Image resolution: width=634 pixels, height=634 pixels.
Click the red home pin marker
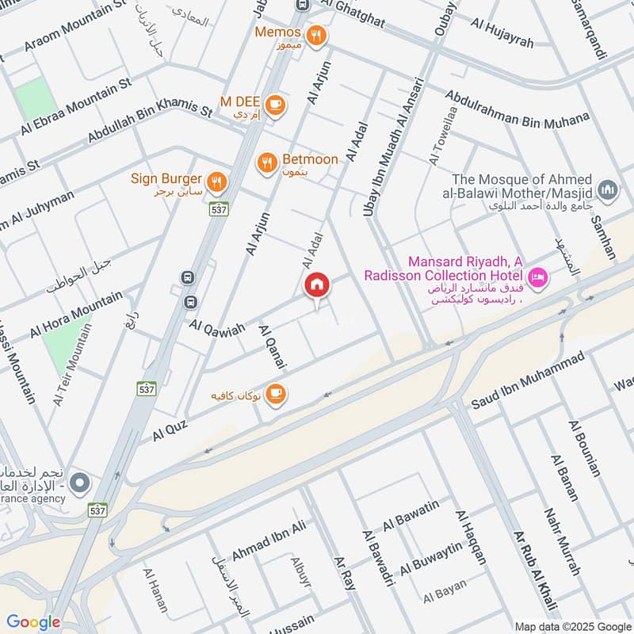316,285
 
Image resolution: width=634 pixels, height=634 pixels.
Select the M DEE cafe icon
275,105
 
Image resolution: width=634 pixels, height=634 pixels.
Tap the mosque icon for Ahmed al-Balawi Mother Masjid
608,189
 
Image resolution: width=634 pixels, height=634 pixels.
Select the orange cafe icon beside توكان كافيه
275,394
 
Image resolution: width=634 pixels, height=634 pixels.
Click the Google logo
33,622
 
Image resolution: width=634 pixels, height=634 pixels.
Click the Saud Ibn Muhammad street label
528,381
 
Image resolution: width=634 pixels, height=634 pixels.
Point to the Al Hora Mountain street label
76,314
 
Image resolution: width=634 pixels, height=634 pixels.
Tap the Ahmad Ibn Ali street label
269,541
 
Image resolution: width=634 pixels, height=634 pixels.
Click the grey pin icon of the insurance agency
79,482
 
